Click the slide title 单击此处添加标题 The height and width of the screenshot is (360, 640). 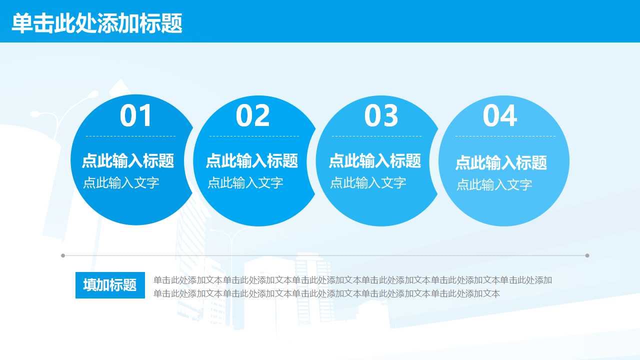(x=97, y=23)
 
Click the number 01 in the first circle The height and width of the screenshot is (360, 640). (x=136, y=116)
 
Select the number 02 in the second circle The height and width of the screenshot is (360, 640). (x=253, y=116)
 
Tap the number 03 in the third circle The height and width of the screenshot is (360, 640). (x=381, y=116)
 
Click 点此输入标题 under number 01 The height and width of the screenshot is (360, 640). (x=128, y=161)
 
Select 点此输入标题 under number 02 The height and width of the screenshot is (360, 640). (x=252, y=161)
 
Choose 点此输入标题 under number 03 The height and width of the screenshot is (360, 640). (x=375, y=161)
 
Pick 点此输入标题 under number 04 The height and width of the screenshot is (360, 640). (x=501, y=163)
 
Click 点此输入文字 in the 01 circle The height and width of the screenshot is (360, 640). (x=121, y=183)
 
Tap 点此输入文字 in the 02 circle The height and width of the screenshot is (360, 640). (x=245, y=183)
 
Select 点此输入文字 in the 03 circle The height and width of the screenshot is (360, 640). (x=368, y=183)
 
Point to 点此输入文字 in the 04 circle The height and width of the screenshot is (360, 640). (x=494, y=185)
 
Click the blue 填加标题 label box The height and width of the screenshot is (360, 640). (x=110, y=285)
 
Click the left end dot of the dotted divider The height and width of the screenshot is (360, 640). (x=63, y=255)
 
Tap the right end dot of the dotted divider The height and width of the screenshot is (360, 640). (x=587, y=255)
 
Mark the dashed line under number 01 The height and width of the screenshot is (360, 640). (x=130, y=136)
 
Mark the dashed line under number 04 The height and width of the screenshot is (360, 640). (x=505, y=136)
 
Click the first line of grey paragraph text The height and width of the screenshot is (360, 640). (x=352, y=280)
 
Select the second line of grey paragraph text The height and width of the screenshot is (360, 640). (x=326, y=294)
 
